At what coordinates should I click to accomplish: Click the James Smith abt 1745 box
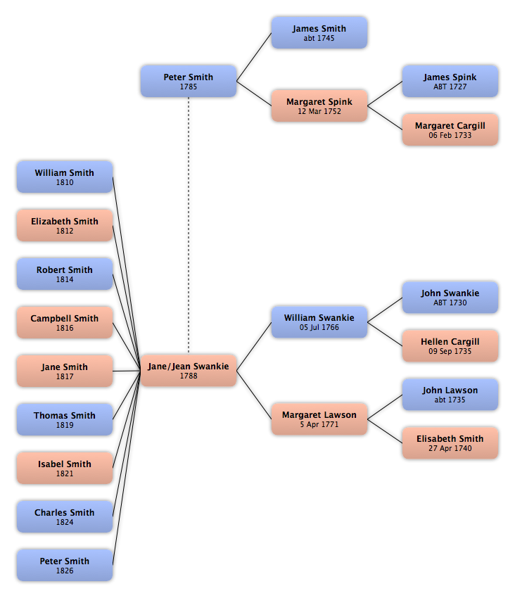pyautogui.click(x=319, y=32)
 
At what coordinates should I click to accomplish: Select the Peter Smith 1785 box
pyautogui.click(x=189, y=81)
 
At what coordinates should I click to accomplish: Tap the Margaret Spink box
pyautogui.click(x=319, y=106)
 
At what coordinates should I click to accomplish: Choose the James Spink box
pyautogui.click(x=450, y=81)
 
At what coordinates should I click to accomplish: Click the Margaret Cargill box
pyautogui.click(x=450, y=129)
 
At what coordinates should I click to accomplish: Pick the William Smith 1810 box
pyautogui.click(x=65, y=177)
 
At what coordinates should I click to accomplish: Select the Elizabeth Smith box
pyautogui.click(x=65, y=225)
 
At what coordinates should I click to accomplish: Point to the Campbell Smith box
pyautogui.click(x=65, y=322)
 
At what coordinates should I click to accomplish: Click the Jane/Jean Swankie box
pyautogui.click(x=189, y=370)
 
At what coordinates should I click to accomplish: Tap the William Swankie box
pyautogui.click(x=319, y=322)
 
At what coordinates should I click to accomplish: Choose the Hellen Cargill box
pyautogui.click(x=450, y=345)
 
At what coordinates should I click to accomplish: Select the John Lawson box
pyautogui.click(x=450, y=395)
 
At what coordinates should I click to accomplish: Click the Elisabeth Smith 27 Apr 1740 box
pyautogui.click(x=450, y=443)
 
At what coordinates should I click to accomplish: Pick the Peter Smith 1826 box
pyautogui.click(x=65, y=565)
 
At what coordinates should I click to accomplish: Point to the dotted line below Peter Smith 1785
pyautogui.click(x=189, y=225)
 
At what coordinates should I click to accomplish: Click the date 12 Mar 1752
pyautogui.click(x=319, y=111)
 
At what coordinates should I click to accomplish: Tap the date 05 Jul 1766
pyautogui.click(x=319, y=327)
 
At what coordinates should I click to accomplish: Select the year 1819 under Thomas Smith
pyautogui.click(x=65, y=425)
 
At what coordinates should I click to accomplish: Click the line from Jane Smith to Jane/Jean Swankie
pyautogui.click(x=127, y=371)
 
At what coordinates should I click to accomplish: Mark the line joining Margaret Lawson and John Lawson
pyautogui.click(x=385, y=407)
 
